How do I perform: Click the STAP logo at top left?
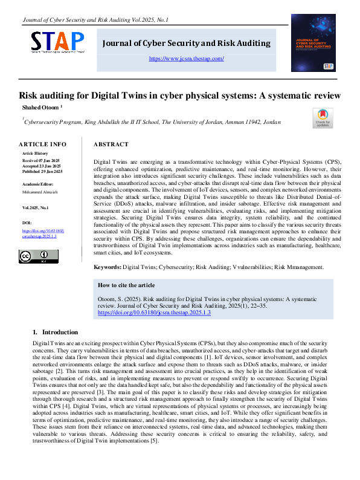58,42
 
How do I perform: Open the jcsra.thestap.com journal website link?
186,59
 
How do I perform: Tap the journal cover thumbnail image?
313,42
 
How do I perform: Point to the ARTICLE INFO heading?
42,144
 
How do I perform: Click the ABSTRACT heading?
111,144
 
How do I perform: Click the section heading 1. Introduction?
55,332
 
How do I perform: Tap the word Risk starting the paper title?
29,96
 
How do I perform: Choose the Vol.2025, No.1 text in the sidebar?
36,208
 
